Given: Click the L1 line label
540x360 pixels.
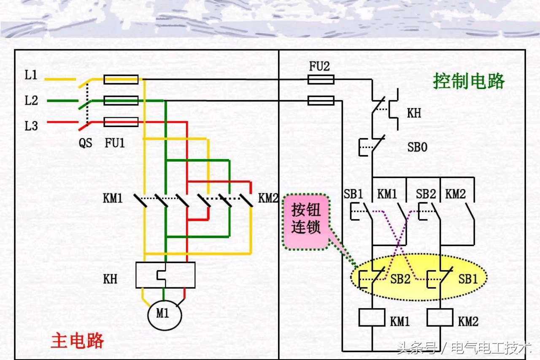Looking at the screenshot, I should (31, 76).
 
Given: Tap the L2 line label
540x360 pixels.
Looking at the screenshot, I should (31, 101).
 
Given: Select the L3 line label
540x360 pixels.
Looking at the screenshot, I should (31, 126).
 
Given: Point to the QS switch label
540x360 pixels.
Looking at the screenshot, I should (85, 143).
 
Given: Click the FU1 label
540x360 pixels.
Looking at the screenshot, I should (115, 143).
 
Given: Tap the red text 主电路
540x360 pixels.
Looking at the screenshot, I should (77, 340).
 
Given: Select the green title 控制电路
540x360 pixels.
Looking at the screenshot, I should (469, 81).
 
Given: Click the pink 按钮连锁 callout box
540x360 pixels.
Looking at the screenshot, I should (306, 221).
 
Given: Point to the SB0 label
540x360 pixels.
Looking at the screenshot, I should (417, 147).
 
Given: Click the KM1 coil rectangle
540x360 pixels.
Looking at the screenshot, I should (372, 317).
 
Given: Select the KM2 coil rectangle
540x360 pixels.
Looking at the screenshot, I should (440, 317).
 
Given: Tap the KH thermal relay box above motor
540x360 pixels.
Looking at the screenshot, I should (165, 275).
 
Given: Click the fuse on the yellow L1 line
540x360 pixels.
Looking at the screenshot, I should (121, 79).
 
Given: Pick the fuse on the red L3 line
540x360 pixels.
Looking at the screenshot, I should (121, 122).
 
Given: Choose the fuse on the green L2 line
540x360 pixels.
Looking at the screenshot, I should (121, 100).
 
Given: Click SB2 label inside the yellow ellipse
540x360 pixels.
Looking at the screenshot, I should (400, 279).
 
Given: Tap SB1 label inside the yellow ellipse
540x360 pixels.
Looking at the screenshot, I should (468, 279).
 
